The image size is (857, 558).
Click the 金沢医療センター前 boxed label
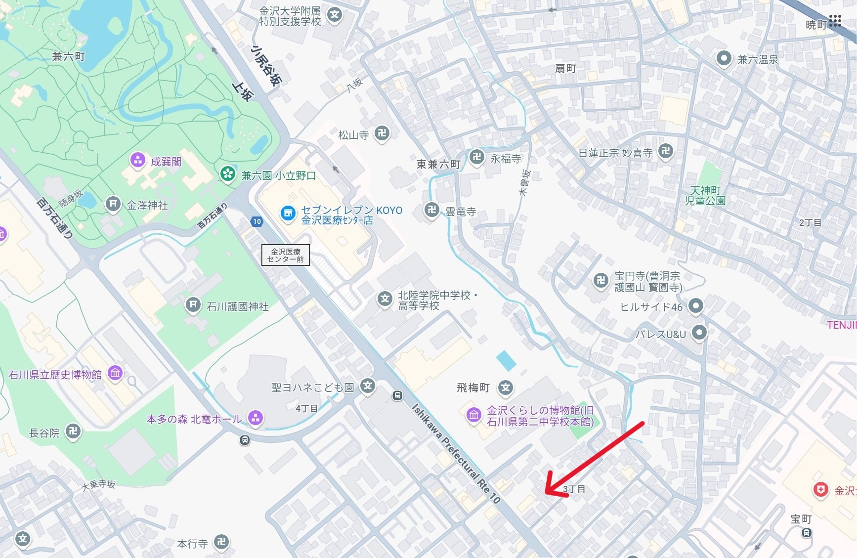point(286,255)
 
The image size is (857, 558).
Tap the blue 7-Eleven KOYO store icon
point(288,214)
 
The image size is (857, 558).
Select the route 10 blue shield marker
point(257,221)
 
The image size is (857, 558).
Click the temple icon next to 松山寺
point(382,133)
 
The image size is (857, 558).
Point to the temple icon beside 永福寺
point(477,158)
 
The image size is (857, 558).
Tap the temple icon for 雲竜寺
point(432,210)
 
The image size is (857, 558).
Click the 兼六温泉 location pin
point(724,58)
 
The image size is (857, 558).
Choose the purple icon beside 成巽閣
point(137,160)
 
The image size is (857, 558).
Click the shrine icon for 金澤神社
point(113,204)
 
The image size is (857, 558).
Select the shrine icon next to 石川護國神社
point(193,304)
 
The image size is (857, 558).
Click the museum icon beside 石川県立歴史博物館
point(115,373)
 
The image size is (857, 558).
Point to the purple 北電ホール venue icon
point(255,418)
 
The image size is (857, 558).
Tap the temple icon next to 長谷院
point(73,431)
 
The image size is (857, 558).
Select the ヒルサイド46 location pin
point(696,305)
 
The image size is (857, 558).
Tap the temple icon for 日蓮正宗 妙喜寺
point(666,151)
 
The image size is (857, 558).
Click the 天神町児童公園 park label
point(705,196)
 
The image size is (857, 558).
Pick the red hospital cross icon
point(821,489)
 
